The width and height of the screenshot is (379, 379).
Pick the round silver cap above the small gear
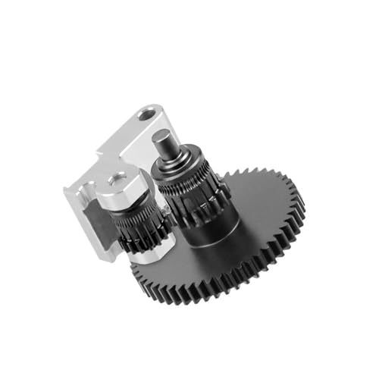[121, 186]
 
